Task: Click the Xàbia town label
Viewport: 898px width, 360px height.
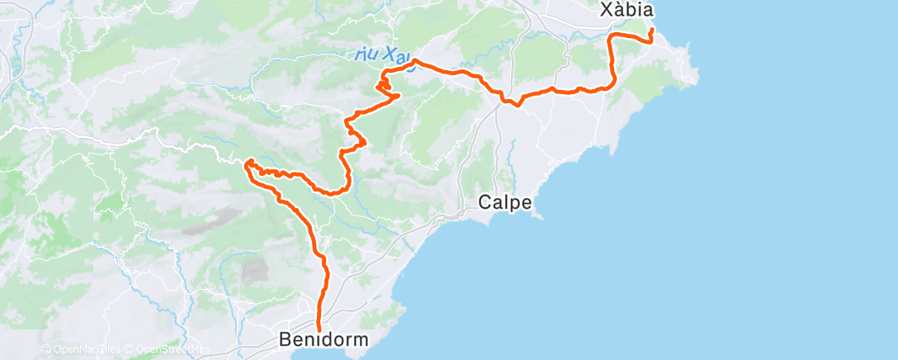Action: (626, 11)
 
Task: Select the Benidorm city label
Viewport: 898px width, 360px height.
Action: (323, 339)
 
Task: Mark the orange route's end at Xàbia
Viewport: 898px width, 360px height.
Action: (652, 31)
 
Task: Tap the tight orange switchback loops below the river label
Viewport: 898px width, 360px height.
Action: (385, 84)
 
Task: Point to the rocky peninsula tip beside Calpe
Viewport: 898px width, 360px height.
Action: (539, 216)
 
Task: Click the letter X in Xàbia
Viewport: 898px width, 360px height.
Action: (606, 11)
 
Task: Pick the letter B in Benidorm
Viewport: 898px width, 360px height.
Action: (286, 339)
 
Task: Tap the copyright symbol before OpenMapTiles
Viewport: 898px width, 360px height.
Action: (46, 350)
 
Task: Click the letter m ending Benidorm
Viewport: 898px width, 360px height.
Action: (361, 339)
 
